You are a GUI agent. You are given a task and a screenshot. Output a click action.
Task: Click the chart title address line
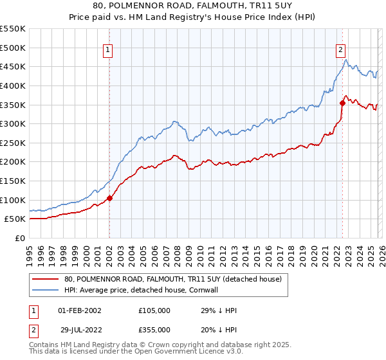click(x=193, y=7)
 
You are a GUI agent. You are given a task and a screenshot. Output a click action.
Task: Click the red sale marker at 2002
click(x=109, y=198)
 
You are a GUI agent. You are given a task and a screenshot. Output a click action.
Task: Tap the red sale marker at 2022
click(x=342, y=103)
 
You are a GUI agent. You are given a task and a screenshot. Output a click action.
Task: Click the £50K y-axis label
click(x=15, y=219)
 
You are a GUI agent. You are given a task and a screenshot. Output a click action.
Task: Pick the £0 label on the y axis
click(x=20, y=238)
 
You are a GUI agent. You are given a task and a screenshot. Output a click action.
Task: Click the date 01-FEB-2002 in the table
click(x=79, y=310)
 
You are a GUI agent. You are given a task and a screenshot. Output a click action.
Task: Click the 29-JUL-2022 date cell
click(x=79, y=329)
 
